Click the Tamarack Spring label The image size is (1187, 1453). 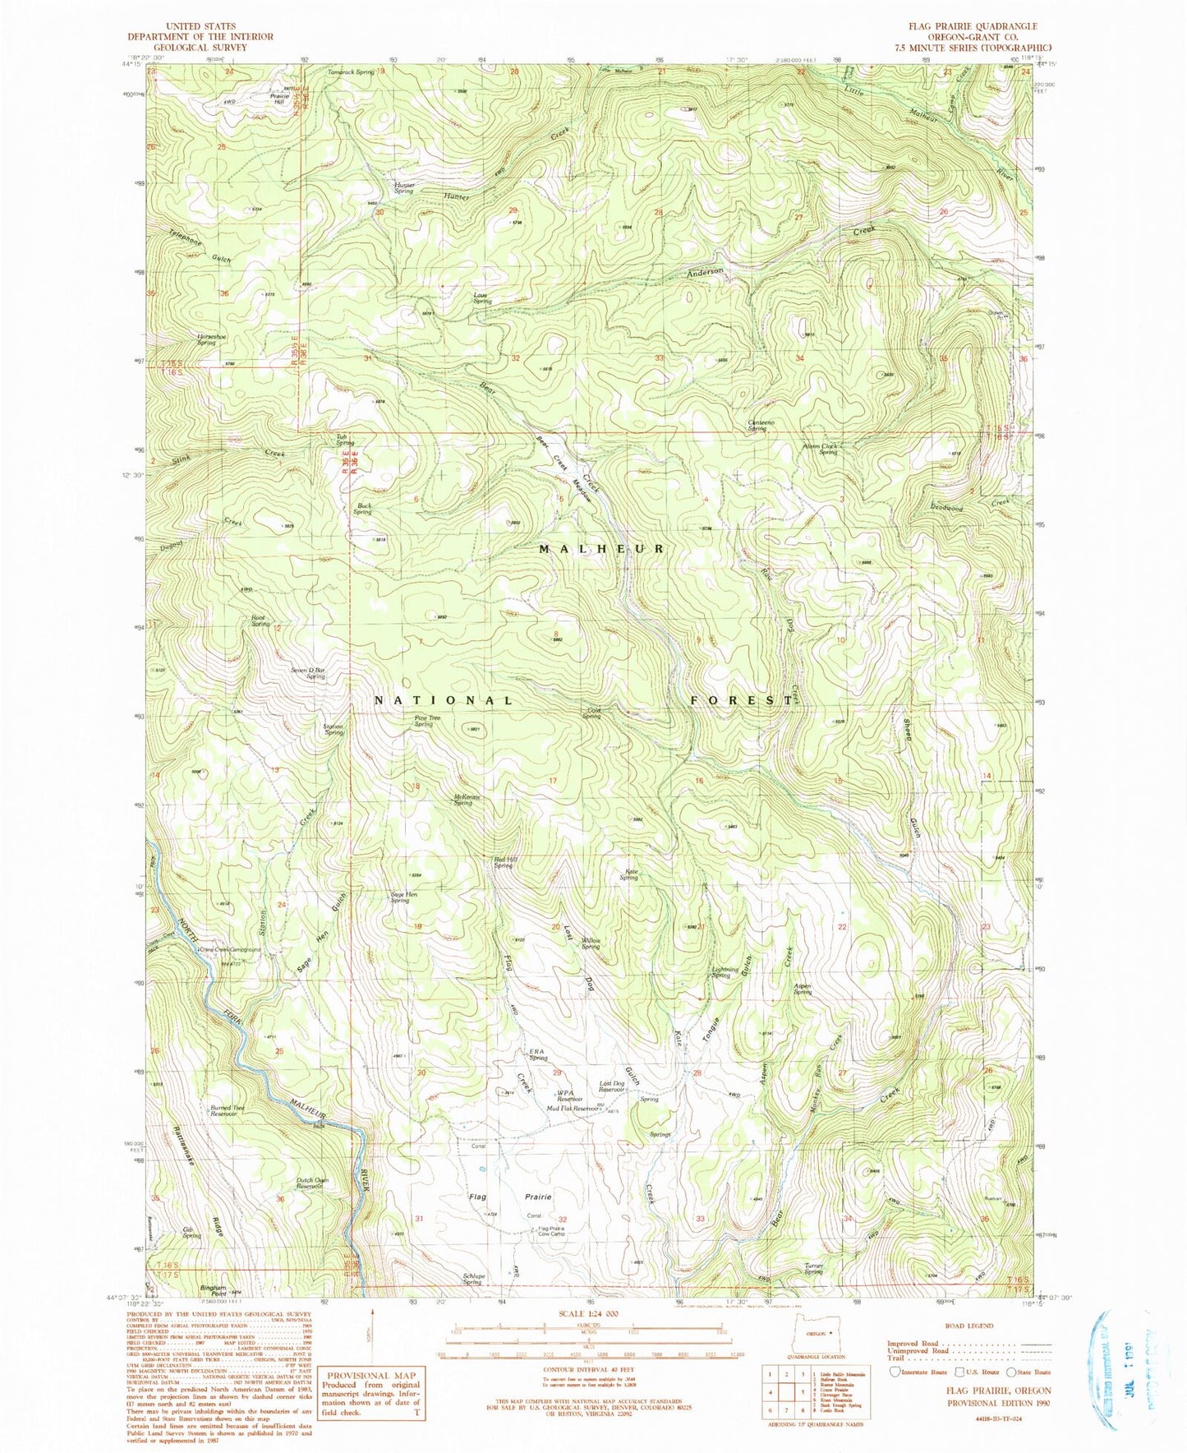click(351, 72)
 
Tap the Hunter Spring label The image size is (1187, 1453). click(405, 187)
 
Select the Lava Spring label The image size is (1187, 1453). click(482, 298)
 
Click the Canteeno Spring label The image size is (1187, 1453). click(757, 426)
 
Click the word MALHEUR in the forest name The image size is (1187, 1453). click(601, 548)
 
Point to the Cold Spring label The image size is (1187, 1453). click(591, 714)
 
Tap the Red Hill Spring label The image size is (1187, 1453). click(504, 863)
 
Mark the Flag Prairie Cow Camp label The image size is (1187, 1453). click(551, 1231)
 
